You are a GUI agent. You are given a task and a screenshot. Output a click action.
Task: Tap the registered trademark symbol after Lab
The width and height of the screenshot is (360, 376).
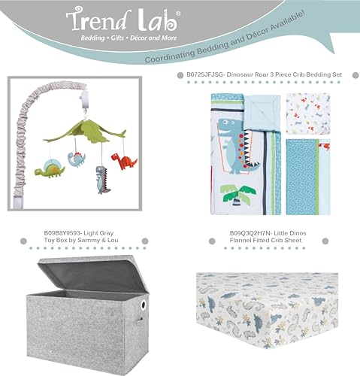[x=177, y=14]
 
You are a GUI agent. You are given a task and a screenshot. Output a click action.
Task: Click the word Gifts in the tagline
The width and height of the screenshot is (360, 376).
[x=117, y=38]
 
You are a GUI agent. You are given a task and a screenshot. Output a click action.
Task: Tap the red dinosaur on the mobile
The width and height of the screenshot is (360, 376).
[x=124, y=161]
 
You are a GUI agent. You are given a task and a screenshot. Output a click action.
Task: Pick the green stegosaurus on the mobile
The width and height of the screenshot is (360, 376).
[x=50, y=168]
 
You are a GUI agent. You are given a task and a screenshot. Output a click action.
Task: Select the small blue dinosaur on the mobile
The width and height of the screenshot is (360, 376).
[x=77, y=159]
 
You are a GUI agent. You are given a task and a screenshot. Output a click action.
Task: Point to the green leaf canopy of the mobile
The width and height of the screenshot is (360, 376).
[x=85, y=132]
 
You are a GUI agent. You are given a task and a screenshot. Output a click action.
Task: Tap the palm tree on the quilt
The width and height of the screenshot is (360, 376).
[x=237, y=196]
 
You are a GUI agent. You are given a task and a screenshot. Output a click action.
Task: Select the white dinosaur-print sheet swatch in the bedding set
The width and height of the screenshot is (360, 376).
[x=308, y=114]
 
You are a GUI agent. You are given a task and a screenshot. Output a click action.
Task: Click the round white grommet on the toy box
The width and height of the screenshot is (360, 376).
[x=144, y=305]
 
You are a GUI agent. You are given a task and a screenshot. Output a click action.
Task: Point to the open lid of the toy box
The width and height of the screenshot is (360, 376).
[x=93, y=274]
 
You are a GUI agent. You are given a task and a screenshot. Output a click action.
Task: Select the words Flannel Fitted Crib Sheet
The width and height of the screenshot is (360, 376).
[x=265, y=241]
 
